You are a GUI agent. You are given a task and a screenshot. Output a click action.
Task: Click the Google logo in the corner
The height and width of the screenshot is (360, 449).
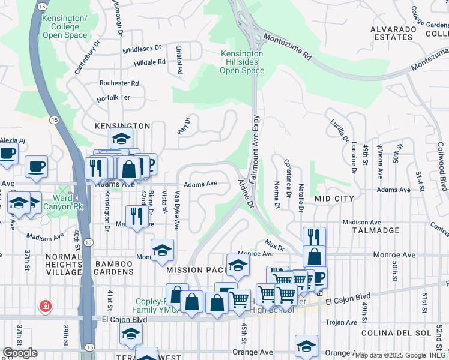click(x=20, y=353)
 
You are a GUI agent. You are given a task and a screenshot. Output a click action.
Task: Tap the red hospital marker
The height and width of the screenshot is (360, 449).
click(x=44, y=307)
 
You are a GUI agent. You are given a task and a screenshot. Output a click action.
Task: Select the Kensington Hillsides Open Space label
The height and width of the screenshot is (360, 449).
click(x=242, y=62)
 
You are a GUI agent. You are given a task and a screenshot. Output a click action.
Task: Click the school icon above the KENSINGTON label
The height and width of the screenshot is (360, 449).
click(x=121, y=139)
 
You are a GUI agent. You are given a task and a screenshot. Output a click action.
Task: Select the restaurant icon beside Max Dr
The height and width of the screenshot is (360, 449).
click(x=314, y=236)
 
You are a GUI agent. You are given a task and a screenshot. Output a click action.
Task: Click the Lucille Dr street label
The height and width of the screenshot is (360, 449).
click(x=340, y=130)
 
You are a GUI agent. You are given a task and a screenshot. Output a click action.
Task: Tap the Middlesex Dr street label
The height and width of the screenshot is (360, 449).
click(x=142, y=48)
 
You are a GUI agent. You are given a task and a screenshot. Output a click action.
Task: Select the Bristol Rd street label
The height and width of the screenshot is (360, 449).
click(x=179, y=59)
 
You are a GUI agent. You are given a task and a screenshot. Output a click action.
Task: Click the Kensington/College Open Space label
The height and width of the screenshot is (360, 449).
click(x=65, y=27)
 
